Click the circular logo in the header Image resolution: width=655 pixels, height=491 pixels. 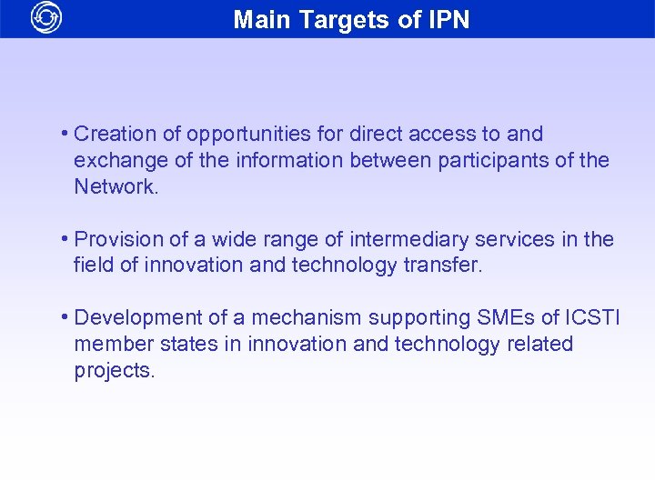point(45,18)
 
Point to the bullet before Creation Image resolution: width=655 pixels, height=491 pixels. point(65,134)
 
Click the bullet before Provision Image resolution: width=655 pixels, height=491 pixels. point(65,239)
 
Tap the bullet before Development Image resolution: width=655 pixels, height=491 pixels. point(65,317)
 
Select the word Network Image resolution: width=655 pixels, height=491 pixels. point(116,187)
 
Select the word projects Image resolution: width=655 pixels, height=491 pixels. point(115,371)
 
